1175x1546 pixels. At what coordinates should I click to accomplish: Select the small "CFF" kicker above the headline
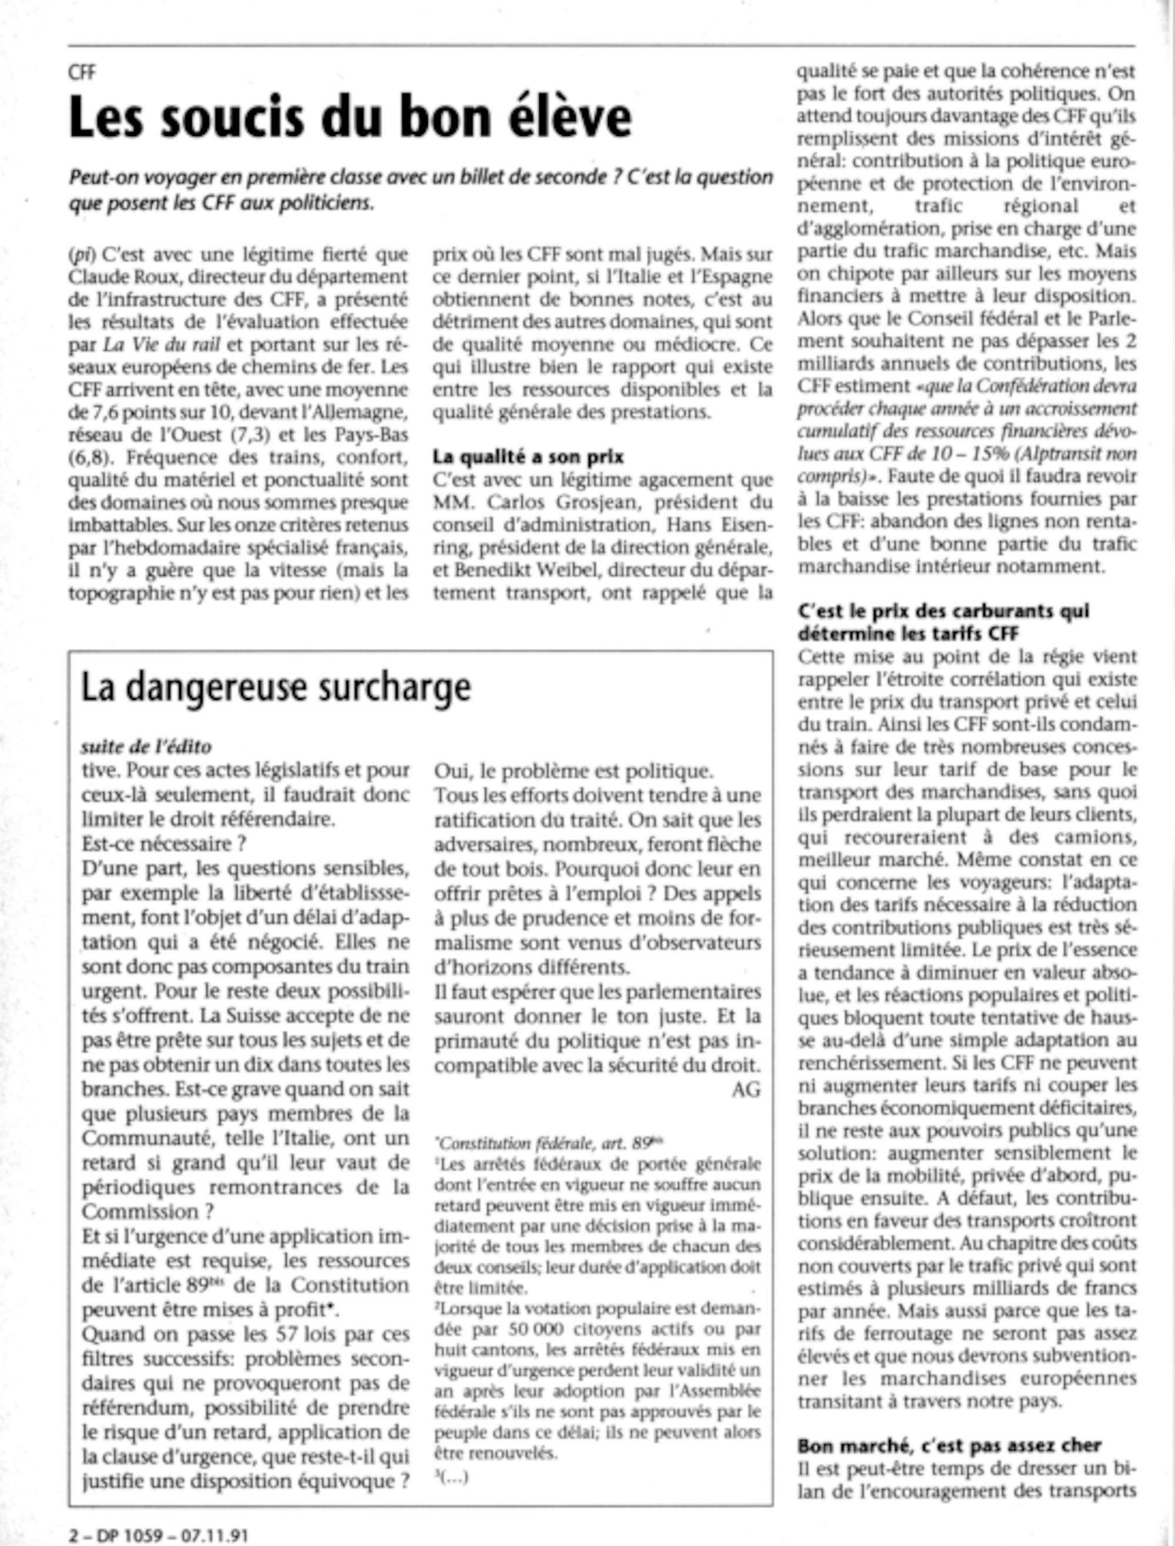point(82,72)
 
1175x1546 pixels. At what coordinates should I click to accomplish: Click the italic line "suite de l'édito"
point(146,746)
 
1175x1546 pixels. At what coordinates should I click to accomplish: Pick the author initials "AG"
point(746,1090)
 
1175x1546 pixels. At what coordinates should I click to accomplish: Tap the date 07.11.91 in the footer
point(214,1535)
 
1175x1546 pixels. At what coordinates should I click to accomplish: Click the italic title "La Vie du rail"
point(162,345)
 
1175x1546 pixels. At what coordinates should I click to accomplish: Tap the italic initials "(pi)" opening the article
point(81,254)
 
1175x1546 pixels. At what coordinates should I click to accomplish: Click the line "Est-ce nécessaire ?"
point(164,844)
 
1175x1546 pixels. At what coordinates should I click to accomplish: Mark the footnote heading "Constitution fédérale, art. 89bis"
point(548,1143)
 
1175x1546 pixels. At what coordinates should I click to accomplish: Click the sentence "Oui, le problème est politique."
point(573,771)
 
